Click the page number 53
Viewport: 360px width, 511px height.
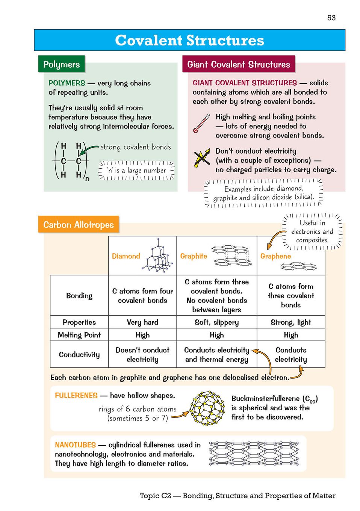tap(331, 18)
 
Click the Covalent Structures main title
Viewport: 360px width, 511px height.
tap(189, 40)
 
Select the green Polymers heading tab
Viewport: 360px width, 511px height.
tap(61, 64)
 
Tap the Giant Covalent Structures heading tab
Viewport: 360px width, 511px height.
tap(238, 64)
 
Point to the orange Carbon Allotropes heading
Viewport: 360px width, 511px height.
tap(78, 225)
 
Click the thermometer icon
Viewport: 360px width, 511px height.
tap(201, 123)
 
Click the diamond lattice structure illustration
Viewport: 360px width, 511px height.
tap(158, 255)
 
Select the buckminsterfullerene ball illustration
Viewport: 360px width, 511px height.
tap(207, 408)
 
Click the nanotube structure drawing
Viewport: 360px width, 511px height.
tap(254, 453)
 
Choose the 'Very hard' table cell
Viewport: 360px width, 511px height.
tap(142, 322)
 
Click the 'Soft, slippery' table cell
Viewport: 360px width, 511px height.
tap(216, 322)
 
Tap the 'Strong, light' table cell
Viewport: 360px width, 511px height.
tap(291, 322)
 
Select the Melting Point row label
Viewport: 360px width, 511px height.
tap(79, 335)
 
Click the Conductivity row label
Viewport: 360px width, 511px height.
tap(79, 354)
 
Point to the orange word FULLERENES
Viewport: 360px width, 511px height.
tap(76, 395)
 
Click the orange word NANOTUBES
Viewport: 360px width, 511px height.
tap(75, 445)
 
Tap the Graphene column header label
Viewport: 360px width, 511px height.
tap(275, 256)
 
